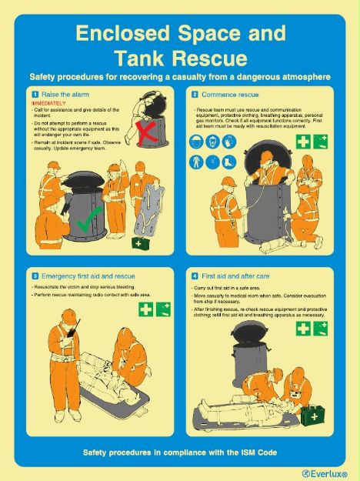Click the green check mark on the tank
point(88,223)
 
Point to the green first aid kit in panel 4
point(312,416)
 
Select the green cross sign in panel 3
point(145,309)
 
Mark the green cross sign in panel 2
point(304,142)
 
